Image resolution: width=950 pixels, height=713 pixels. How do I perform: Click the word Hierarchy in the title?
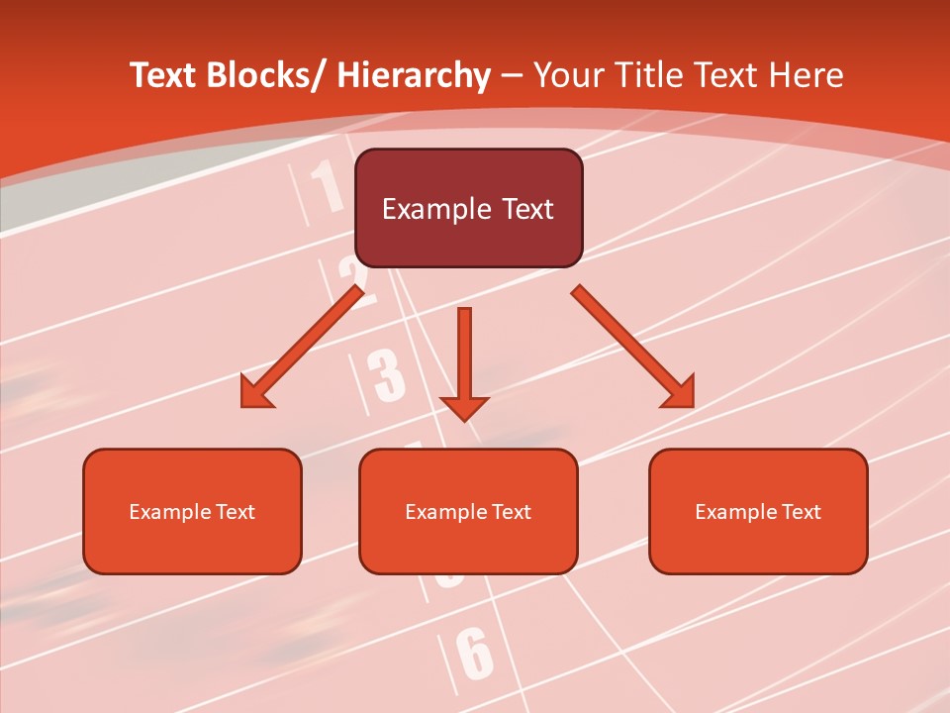pyautogui.click(x=414, y=76)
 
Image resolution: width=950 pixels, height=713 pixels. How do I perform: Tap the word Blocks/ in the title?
pyautogui.click(x=263, y=75)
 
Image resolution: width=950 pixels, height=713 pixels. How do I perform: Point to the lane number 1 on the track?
pyautogui.click(x=328, y=187)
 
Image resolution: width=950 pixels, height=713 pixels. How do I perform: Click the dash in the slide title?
pyautogui.click(x=513, y=76)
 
